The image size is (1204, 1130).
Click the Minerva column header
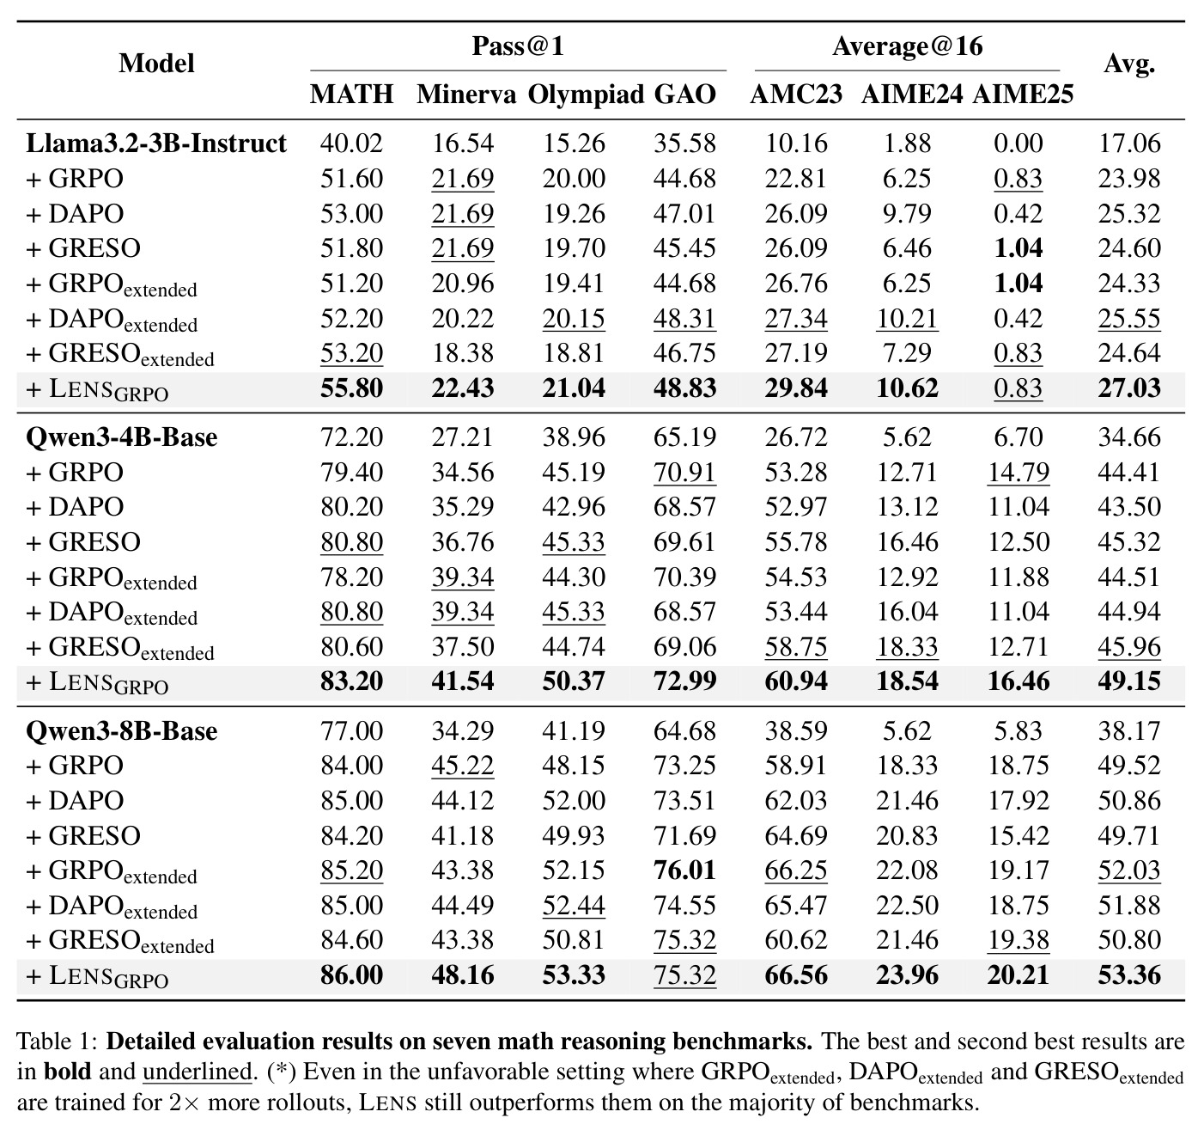pyautogui.click(x=466, y=94)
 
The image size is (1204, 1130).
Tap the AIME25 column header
pyautogui.click(x=1023, y=94)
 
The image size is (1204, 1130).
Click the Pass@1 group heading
pyautogui.click(x=519, y=46)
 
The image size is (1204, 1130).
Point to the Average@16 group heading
pyautogui.click(x=907, y=46)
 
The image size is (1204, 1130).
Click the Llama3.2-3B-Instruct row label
pyautogui.click(x=155, y=144)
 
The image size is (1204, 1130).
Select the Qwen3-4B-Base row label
pyautogui.click(x=121, y=437)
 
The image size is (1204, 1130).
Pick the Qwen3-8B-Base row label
pyautogui.click(x=121, y=730)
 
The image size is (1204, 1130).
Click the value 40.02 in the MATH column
pyautogui.click(x=351, y=144)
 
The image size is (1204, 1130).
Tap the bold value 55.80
pyautogui.click(x=351, y=388)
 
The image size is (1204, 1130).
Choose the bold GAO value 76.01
pyautogui.click(x=684, y=870)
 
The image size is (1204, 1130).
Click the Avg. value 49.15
pyautogui.click(x=1128, y=681)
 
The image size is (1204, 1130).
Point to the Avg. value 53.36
pyautogui.click(x=1128, y=975)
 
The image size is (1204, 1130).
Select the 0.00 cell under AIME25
pyautogui.click(x=1018, y=144)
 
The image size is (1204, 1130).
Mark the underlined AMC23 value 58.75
pyautogui.click(x=795, y=646)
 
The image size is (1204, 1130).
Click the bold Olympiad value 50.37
pyautogui.click(x=574, y=681)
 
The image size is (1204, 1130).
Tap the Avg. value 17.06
pyautogui.click(x=1128, y=144)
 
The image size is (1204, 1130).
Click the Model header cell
pyautogui.click(x=156, y=63)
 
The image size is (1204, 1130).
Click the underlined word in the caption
pyautogui.click(x=197, y=1072)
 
